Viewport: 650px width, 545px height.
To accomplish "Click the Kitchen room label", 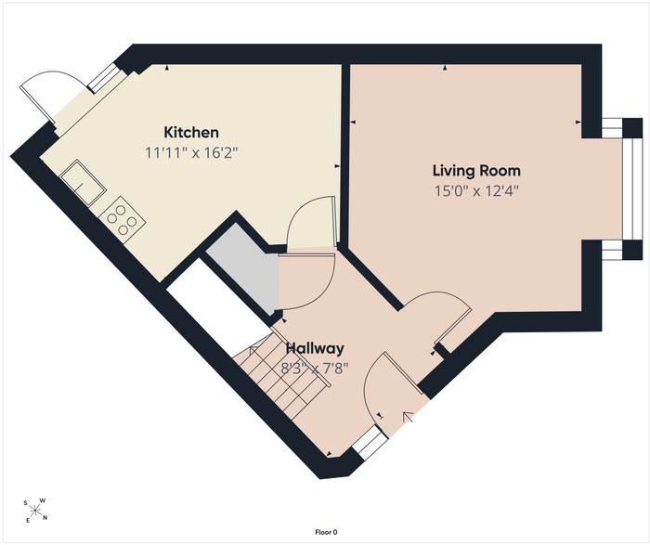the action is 191,132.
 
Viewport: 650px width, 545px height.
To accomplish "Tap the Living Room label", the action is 476,170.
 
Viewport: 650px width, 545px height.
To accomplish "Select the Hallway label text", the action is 315,348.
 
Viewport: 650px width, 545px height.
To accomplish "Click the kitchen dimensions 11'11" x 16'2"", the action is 191,153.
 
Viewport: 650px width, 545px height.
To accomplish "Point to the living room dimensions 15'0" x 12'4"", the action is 476,191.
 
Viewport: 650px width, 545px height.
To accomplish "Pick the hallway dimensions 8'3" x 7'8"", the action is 315,368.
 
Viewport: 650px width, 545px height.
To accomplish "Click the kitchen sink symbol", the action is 83,183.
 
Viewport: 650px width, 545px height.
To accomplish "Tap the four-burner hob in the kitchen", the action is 122,220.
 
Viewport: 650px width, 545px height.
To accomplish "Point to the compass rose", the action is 35,511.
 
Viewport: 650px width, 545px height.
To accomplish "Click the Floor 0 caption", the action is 326,532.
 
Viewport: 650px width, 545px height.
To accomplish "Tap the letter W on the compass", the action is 43,500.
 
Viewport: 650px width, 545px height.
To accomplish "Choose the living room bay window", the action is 632,189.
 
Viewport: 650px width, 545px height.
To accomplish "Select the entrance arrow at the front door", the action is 409,417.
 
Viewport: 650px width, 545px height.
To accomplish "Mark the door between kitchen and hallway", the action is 310,223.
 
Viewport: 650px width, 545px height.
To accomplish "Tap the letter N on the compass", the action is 45,518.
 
